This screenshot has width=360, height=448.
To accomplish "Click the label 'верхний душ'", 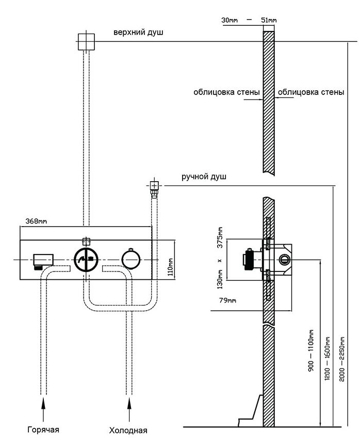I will [138, 33].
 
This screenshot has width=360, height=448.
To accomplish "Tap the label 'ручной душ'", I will [204, 177].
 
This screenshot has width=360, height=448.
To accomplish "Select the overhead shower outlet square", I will [86, 41].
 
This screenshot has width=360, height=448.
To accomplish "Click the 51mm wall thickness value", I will [269, 20].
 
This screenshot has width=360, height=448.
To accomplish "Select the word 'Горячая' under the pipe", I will [43, 429].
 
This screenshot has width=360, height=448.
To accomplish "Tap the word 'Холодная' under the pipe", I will [128, 430].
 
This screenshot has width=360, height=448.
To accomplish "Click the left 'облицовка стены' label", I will [226, 93].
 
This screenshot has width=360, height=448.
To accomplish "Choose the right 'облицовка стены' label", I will [311, 93].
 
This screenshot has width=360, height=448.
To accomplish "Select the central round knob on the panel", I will [86, 259].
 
